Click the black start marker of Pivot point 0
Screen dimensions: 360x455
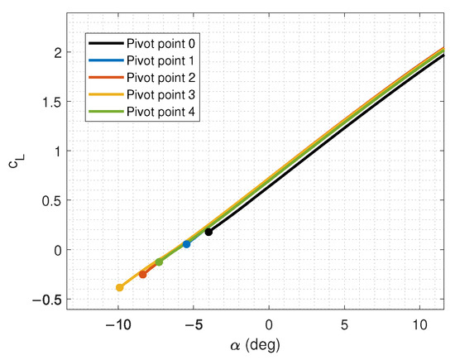208,232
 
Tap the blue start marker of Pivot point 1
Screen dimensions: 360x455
186,244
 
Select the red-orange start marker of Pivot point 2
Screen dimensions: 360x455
143,274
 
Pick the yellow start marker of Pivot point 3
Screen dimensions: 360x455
120,287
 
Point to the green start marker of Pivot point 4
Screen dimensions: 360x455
159,262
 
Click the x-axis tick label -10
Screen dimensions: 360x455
117,324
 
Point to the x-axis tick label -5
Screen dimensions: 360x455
192,324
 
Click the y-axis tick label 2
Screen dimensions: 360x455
57,53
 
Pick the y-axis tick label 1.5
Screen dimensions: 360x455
52,102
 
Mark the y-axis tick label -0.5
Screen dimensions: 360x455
49,299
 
